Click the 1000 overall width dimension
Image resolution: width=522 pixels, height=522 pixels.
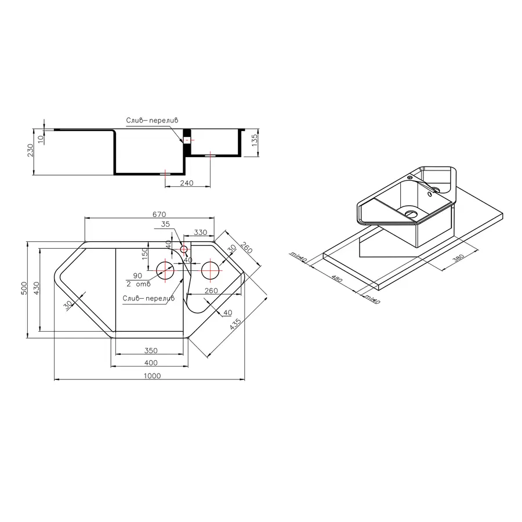(152, 375)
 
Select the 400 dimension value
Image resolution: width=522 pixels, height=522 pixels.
(151, 362)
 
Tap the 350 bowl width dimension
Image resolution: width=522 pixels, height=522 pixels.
(151, 350)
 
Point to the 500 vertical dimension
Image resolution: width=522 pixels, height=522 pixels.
(24, 288)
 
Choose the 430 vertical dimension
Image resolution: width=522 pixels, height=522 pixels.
(37, 288)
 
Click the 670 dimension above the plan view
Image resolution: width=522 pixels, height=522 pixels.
(159, 214)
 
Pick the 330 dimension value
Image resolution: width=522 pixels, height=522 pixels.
(201, 232)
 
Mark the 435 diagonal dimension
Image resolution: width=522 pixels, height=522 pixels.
(235, 324)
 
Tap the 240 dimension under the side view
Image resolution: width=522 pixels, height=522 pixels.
(186, 183)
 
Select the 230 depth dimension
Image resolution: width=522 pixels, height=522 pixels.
(30, 150)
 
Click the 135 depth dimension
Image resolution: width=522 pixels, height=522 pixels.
(255, 140)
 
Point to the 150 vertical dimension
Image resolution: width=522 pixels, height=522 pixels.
(144, 254)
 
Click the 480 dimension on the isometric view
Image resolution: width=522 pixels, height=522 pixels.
(337, 278)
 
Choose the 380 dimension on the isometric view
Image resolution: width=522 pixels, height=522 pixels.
(459, 258)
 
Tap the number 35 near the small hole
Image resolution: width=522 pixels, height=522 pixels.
(165, 224)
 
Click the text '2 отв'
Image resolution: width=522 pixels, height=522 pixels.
(139, 284)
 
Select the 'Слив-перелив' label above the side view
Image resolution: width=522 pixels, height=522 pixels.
(152, 120)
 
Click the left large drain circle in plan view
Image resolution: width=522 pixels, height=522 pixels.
(165, 270)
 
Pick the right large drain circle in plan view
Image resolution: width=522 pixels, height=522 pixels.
(210, 270)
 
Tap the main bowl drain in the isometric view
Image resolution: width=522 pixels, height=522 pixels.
(411, 213)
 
